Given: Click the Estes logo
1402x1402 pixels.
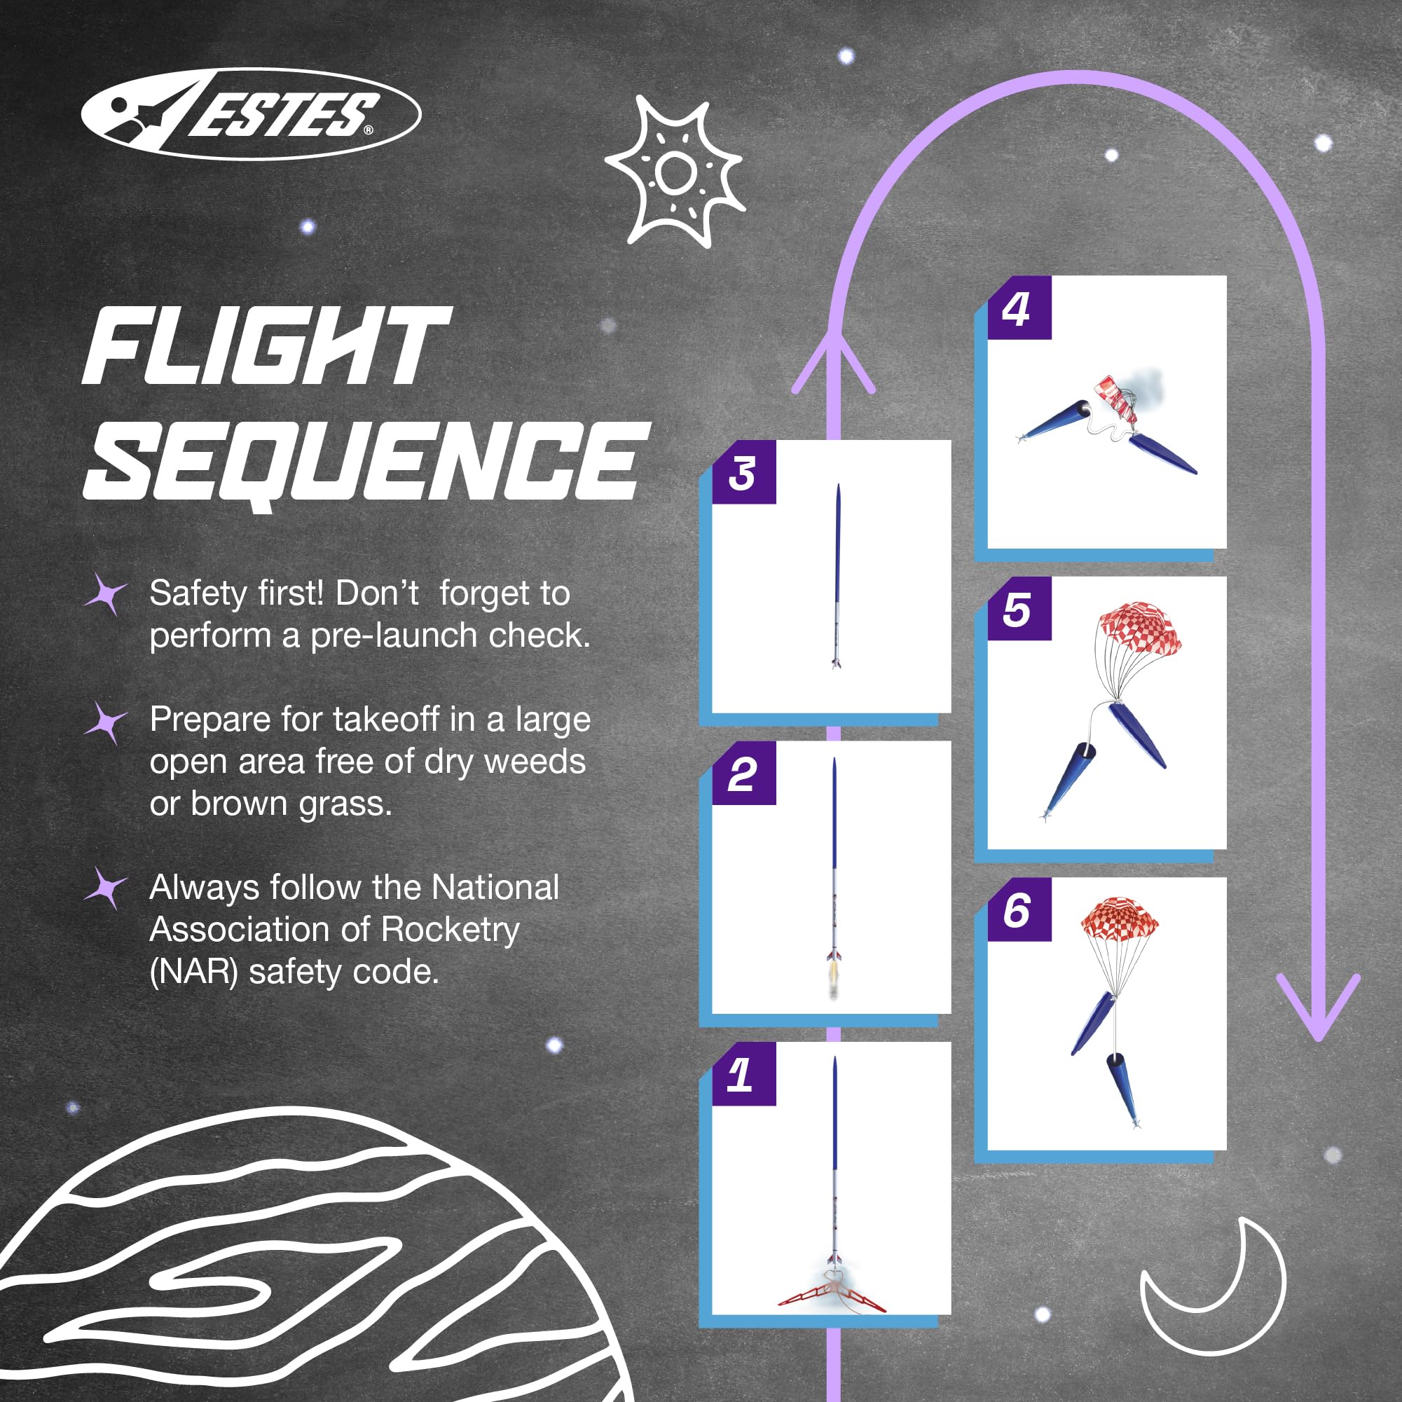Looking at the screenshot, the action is [250, 114].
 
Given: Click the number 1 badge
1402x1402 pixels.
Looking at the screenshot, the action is [744, 1074].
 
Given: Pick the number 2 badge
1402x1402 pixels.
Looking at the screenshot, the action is [744, 773].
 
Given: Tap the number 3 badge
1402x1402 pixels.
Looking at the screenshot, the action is [744, 472].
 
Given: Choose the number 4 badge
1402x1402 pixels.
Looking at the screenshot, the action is [1019, 308].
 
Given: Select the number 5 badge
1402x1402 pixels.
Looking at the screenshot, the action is [1019, 608].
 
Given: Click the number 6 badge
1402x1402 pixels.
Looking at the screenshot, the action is [1019, 909].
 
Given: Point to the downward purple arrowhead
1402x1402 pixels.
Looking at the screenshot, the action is [1318, 1005].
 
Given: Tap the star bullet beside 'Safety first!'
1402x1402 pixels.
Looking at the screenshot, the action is [106, 593].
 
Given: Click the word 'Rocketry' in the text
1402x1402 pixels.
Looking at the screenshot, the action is [450, 930].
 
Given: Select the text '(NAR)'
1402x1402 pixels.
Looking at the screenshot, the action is [194, 973].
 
